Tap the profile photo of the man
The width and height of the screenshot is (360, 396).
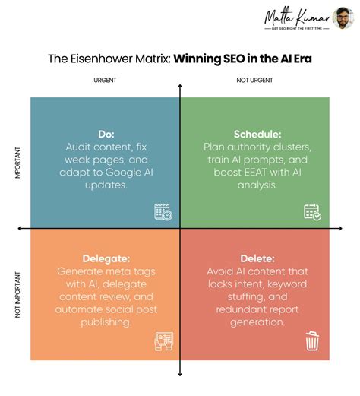click(x=343, y=18)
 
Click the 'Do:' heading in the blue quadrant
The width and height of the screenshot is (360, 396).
click(x=106, y=134)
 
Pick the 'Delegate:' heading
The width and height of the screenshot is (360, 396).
click(x=106, y=258)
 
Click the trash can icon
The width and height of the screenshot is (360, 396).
click(x=312, y=341)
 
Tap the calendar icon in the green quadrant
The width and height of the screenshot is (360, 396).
click(x=312, y=212)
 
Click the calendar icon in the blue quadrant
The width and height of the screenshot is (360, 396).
click(x=163, y=212)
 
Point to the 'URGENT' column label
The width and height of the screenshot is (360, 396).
click(x=105, y=80)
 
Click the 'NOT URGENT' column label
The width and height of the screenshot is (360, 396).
click(x=255, y=80)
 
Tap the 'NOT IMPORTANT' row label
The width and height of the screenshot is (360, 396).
click(x=17, y=293)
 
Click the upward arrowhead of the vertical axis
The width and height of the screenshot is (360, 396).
click(x=180, y=87)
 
